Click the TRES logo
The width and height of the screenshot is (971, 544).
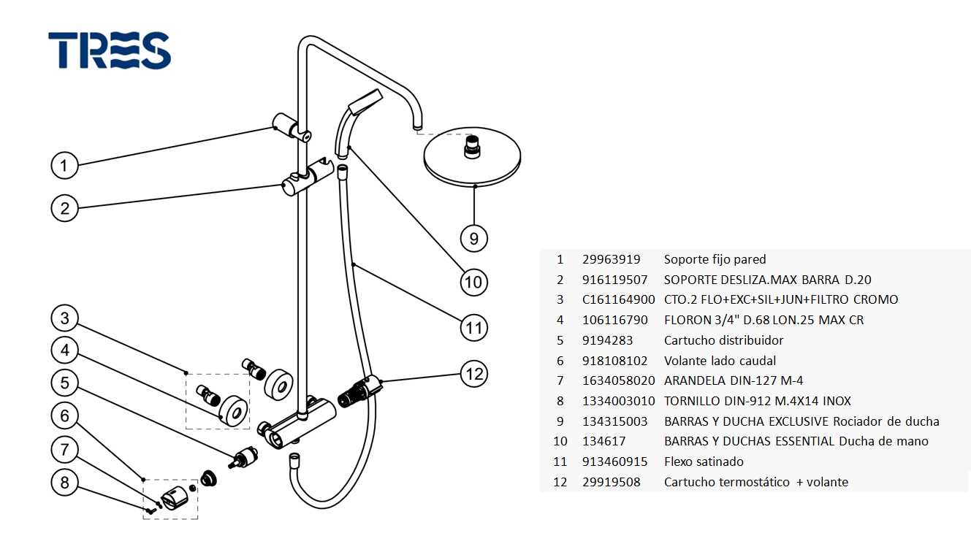coord(110,50)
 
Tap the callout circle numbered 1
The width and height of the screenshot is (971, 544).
coord(64,166)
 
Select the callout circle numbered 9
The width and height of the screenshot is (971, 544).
coord(473,238)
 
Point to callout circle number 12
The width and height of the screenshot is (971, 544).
coord(475,374)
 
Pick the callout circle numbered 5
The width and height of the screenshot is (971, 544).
coord(64,383)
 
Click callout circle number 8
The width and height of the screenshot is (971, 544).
coord(64,482)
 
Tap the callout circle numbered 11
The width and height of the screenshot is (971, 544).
coord(475,328)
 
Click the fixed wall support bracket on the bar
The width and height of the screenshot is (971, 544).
coord(291,126)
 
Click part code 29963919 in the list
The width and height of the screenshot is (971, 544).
coord(611,259)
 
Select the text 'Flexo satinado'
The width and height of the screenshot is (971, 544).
coord(703,461)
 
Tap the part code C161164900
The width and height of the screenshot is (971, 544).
coord(618,299)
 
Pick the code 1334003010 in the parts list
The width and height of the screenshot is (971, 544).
coord(618,401)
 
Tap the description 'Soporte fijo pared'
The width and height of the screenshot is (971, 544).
coord(715,259)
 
